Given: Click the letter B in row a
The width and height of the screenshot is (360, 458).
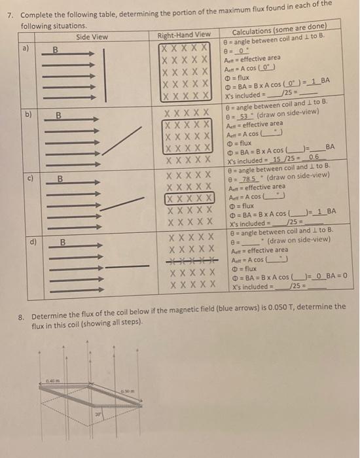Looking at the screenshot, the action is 56,48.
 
